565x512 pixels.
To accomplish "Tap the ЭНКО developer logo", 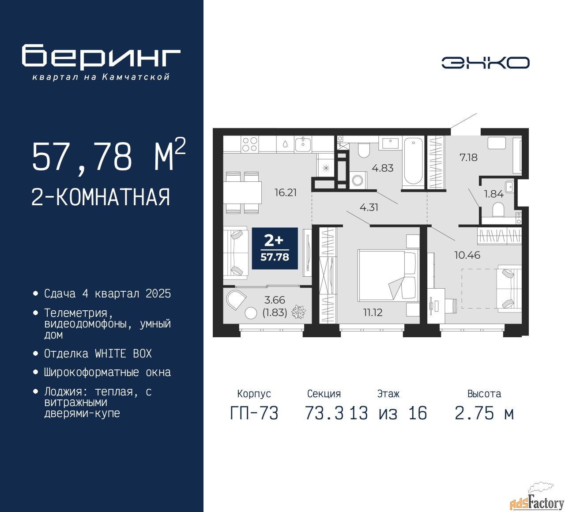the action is tap(485, 63).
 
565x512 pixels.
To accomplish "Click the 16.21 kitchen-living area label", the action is tap(285, 192).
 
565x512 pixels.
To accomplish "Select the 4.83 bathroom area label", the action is tap(382, 168).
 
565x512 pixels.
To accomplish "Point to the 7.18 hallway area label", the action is tap(468, 158).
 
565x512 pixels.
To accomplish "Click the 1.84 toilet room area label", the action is tap(493, 194).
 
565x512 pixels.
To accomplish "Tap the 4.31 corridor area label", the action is tap(369, 207).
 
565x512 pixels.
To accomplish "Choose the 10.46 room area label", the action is tap(467, 255).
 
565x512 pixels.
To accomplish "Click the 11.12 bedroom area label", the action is tap(373, 312).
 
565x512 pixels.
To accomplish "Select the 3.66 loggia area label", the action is tap(275, 300).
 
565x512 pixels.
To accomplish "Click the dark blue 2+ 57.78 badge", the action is tap(275, 248).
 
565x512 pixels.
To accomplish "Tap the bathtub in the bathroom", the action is tap(413, 162).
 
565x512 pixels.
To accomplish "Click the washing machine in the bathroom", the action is tap(358, 180).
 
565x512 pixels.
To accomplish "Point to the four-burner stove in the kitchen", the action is tap(250, 144).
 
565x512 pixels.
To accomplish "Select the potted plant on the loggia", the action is tap(298, 312).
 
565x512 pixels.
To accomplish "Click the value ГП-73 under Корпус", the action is tap(254, 413).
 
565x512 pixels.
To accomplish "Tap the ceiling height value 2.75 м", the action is tap(484, 413).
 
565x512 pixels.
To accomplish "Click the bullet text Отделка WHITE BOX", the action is tap(98, 354).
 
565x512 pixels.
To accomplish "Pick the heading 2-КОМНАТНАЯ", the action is tap(101, 197).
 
